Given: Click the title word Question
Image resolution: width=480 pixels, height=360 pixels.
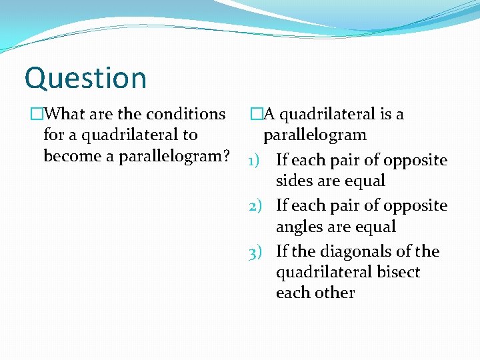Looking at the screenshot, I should [85, 78].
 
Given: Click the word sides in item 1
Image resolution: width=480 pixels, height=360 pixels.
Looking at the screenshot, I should [293, 181].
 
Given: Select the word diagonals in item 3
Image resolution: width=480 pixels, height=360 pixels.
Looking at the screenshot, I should [351, 252].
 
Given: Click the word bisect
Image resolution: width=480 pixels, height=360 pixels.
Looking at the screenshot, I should [399, 272].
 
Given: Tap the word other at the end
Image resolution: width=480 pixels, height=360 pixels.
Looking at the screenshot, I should [336, 293].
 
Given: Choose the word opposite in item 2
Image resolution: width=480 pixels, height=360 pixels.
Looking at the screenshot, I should [418, 206].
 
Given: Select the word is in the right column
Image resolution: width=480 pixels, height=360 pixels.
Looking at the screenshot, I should [385, 114].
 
